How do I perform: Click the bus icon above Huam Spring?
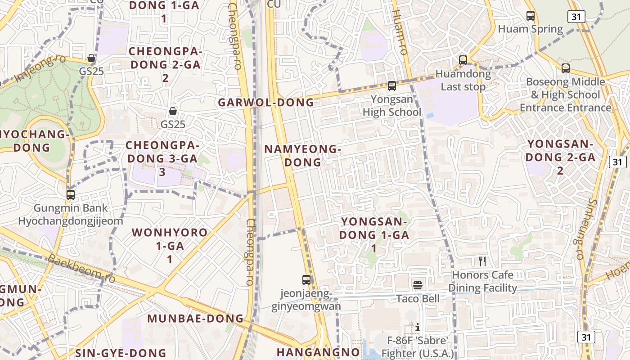(x=531, y=16)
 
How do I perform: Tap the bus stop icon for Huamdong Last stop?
(x=463, y=60)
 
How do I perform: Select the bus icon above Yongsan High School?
(x=392, y=85)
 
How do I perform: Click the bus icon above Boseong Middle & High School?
(x=566, y=68)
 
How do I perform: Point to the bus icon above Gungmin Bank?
(x=70, y=195)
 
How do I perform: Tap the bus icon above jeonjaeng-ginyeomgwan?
(x=306, y=279)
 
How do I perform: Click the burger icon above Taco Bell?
(x=418, y=285)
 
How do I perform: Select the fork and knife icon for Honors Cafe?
(x=482, y=261)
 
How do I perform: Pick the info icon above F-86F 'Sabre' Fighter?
(x=418, y=327)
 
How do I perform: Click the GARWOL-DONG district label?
(x=266, y=103)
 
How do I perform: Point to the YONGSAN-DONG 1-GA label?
(x=374, y=234)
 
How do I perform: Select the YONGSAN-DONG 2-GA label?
(x=560, y=157)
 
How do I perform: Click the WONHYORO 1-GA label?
(x=170, y=246)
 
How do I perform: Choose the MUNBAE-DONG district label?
(x=196, y=319)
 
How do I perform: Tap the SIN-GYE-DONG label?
(x=121, y=353)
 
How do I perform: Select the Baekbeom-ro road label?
(x=81, y=270)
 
